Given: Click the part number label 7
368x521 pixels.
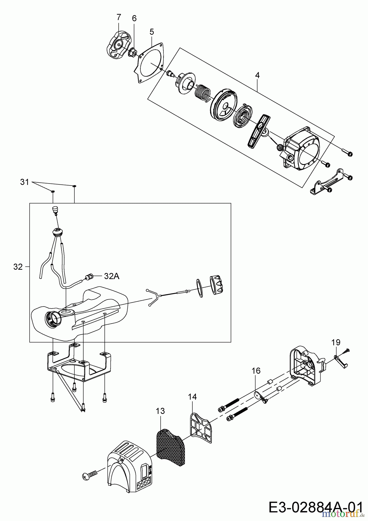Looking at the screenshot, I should point(119,17).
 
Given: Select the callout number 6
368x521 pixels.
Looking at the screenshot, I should point(134,18).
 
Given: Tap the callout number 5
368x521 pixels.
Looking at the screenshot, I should point(152,32).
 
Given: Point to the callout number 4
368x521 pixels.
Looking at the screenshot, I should point(257,75).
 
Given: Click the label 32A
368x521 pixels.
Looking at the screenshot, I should point(112,276).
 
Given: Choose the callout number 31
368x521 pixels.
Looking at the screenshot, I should point(25,182).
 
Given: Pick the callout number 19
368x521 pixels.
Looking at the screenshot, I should point(336,342).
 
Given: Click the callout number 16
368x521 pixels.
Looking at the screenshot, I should point(256,371).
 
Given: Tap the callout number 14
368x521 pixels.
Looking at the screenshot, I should point(192,397).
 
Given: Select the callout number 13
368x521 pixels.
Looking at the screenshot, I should point(160,411).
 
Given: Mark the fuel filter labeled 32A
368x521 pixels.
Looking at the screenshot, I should point(89,277).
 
